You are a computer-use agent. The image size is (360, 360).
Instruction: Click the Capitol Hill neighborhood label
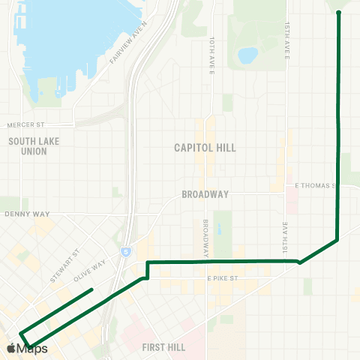pyautogui.click(x=205, y=148)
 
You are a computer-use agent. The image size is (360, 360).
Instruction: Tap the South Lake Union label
pyautogui.click(x=29, y=145)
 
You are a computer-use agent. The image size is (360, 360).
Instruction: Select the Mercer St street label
pyautogui.click(x=27, y=125)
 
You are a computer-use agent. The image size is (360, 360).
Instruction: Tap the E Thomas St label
pyautogui.click(x=317, y=184)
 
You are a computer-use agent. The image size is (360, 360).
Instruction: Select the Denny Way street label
pyautogui.click(x=26, y=214)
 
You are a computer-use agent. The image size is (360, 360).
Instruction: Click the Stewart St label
pyautogui.click(x=65, y=266)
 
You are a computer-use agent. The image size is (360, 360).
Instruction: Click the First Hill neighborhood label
pyautogui.click(x=163, y=347)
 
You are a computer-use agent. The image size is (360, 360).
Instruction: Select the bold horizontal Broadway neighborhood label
pyautogui.click(x=205, y=194)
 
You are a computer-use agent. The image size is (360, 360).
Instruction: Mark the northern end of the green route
pyautogui.click(x=339, y=13)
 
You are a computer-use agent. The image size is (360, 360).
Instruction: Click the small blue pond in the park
pyautogui.click(x=247, y=55)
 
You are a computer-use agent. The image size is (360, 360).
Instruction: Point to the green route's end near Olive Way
pyautogui.click(x=91, y=289)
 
